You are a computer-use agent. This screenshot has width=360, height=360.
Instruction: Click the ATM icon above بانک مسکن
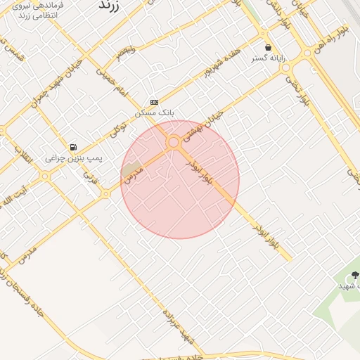[155, 102]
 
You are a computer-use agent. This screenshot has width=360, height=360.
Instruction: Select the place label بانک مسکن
[155, 112]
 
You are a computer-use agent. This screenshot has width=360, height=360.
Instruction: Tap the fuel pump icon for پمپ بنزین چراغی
[73, 148]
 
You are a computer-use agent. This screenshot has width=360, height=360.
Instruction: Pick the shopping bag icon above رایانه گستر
[268, 47]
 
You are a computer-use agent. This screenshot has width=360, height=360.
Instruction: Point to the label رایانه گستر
[269, 58]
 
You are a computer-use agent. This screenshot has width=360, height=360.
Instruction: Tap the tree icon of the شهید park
[353, 275]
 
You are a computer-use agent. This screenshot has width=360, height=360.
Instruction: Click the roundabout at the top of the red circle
[173, 142]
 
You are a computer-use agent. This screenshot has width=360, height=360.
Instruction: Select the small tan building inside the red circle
[132, 170]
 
